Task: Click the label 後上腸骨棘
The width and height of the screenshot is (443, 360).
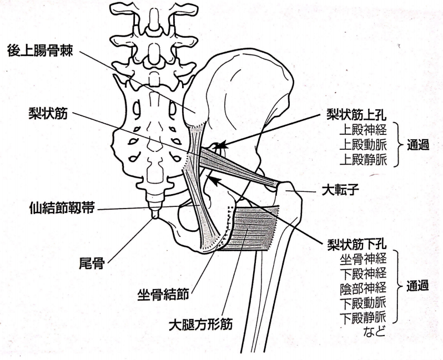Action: pos(41,50)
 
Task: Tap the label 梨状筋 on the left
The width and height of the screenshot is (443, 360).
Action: pos(48,114)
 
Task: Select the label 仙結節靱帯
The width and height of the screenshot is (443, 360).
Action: pos(62,209)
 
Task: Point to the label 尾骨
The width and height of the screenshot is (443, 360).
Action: pos(92,263)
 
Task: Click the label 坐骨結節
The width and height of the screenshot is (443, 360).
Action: pos(163,295)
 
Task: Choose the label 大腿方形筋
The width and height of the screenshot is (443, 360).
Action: pos(200,324)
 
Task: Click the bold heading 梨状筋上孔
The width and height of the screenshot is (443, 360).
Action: pos(356,114)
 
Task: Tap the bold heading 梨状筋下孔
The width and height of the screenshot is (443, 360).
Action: pos(356,245)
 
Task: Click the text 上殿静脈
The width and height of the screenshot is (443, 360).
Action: pos(363,160)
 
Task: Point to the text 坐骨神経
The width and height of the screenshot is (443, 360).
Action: pos(363,259)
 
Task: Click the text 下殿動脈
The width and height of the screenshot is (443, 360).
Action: pos(363,303)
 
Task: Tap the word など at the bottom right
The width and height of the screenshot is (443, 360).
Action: pos(374,331)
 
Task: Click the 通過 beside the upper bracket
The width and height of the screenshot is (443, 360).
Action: pos(417,145)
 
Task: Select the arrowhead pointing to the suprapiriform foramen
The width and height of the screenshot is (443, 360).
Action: pos(223,145)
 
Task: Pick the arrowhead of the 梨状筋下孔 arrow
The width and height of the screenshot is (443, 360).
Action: pos(212,180)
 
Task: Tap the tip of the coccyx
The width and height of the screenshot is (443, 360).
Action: pos(154,217)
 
